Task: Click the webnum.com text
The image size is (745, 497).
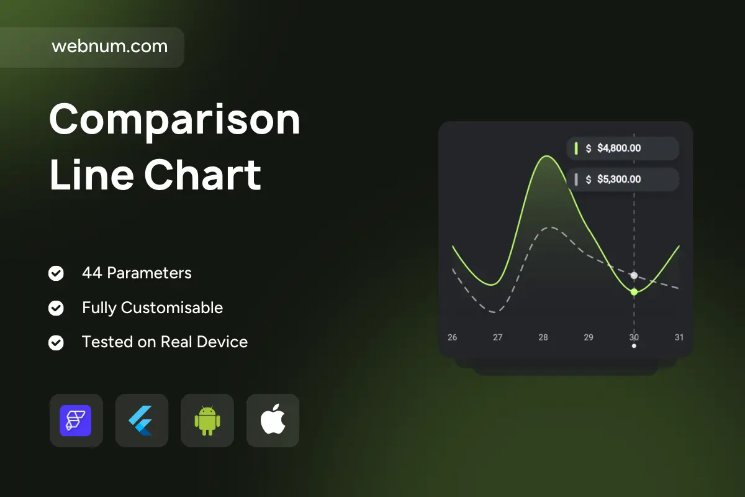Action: [x=109, y=46]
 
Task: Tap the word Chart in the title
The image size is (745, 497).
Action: [x=202, y=175]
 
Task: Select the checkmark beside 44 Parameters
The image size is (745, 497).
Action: [x=56, y=273]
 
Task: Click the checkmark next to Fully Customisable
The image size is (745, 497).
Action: [x=56, y=308]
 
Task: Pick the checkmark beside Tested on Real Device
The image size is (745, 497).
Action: [x=56, y=342]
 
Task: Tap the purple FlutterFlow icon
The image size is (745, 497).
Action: [x=76, y=421]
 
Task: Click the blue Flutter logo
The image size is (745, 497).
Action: [x=141, y=421]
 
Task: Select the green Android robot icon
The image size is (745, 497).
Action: [x=207, y=421]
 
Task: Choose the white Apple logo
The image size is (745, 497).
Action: [x=273, y=419]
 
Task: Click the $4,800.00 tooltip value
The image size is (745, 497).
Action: [x=619, y=148]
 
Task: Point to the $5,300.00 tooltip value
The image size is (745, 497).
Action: [x=619, y=180]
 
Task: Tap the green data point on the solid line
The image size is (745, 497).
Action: [x=634, y=292]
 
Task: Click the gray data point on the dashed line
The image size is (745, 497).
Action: [x=634, y=275]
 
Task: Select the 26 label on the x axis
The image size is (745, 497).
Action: [x=453, y=337]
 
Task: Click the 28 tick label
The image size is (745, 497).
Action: [x=543, y=337]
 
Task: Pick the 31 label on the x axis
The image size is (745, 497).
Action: [x=679, y=337]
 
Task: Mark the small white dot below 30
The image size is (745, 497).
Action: [x=634, y=346]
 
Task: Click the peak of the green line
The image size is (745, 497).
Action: [x=547, y=156]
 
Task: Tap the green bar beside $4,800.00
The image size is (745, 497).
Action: [x=576, y=148]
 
